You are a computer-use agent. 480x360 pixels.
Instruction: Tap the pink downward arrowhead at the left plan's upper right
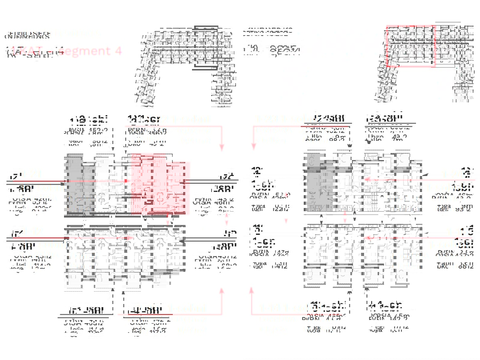(x=221, y=147)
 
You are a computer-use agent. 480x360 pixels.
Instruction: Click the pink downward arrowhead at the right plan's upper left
(x=253, y=147)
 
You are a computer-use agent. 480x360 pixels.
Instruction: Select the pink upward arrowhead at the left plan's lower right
(x=221, y=290)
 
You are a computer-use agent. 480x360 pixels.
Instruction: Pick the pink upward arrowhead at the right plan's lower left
(x=252, y=290)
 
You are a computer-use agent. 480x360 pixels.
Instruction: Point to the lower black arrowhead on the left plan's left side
(x=64, y=239)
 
